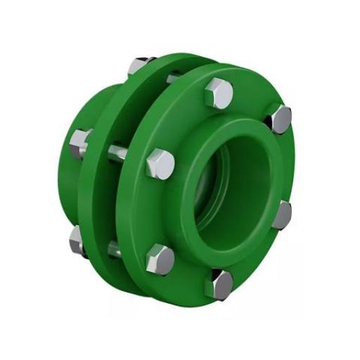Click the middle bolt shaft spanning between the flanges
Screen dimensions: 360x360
(118, 152)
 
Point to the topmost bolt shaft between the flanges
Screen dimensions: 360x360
(172, 78)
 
